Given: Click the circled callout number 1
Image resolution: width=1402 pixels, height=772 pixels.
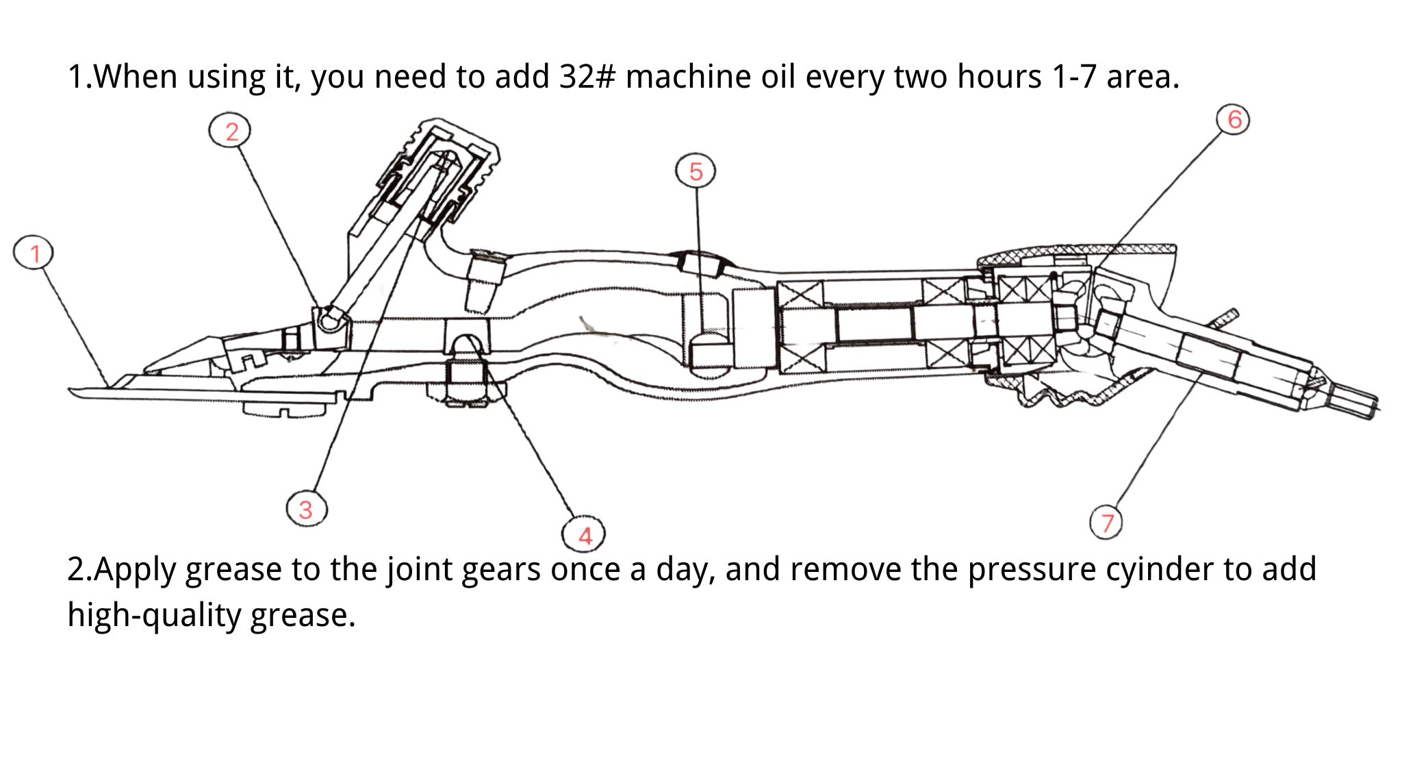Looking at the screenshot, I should click(x=34, y=253).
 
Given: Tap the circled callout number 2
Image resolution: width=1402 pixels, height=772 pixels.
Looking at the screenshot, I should click(x=231, y=131).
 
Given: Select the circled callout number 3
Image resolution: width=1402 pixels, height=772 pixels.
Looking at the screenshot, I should click(x=306, y=509).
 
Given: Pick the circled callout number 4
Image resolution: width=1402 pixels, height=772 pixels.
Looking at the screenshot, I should click(x=584, y=535).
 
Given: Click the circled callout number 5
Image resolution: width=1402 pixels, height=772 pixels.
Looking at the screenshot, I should click(x=696, y=171).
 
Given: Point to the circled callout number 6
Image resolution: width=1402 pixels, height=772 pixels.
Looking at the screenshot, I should click(x=1234, y=119).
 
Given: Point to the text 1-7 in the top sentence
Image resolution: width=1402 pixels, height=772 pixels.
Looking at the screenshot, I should click(x=1074, y=77).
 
